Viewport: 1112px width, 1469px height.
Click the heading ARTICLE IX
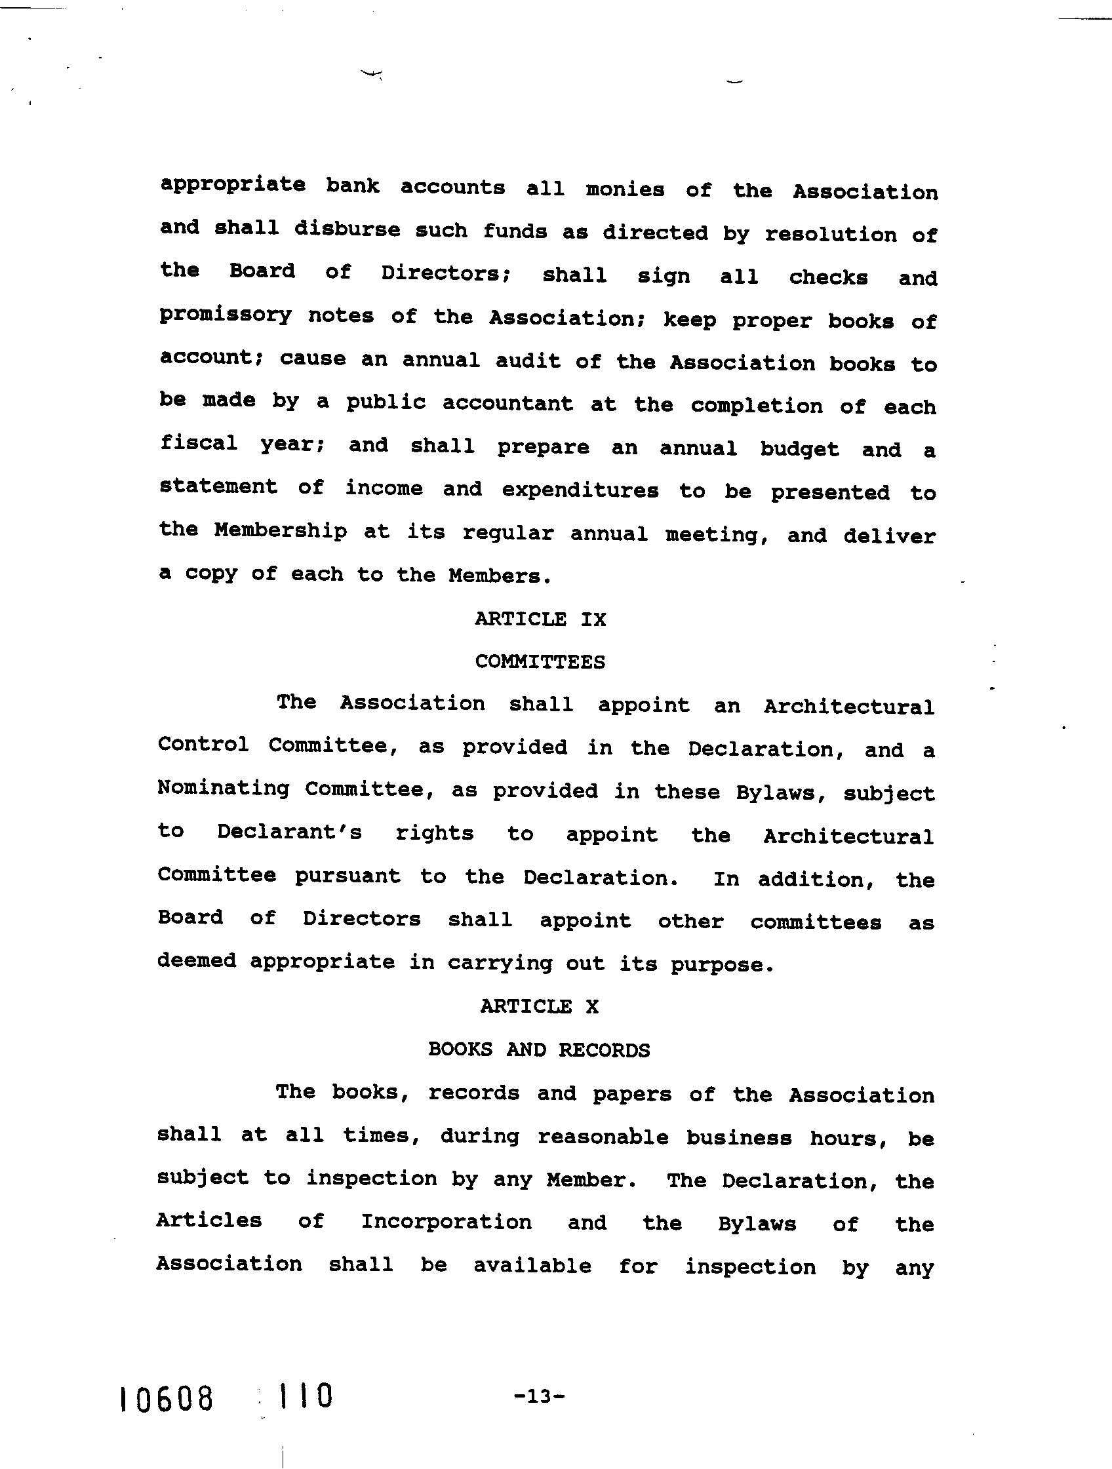(540, 619)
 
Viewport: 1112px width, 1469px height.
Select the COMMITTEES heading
(540, 661)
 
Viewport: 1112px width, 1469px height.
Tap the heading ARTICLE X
(540, 1007)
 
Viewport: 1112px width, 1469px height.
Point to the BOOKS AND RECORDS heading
(539, 1050)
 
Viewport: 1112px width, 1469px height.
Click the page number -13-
(539, 1396)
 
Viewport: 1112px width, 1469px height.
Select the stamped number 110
(305, 1396)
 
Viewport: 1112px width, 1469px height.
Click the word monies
(625, 190)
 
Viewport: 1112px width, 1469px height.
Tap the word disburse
(347, 230)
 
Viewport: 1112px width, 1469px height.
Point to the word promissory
(225, 315)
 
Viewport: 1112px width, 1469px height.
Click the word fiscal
(199, 443)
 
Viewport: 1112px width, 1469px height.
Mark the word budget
(800, 450)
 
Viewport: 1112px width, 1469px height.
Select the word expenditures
(580, 491)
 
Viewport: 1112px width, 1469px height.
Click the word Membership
(281, 531)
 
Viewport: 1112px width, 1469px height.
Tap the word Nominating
(223, 789)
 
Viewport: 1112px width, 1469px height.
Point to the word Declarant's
(290, 832)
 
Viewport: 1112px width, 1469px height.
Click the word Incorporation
(447, 1223)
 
